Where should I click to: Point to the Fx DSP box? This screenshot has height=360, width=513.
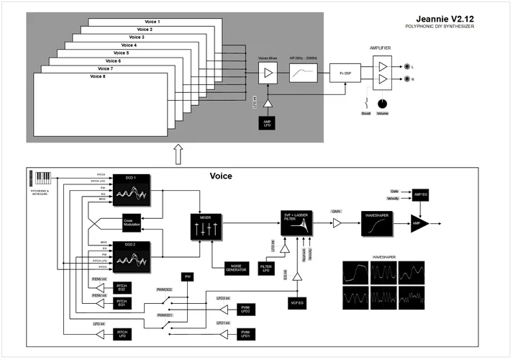(340, 73)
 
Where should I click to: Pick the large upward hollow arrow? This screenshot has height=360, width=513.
(178, 153)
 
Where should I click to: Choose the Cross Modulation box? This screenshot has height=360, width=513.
(131, 224)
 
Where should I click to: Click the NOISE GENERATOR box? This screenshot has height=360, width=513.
(237, 267)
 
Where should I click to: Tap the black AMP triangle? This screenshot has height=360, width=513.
(419, 224)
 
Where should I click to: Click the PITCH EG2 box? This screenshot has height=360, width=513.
(122, 288)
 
